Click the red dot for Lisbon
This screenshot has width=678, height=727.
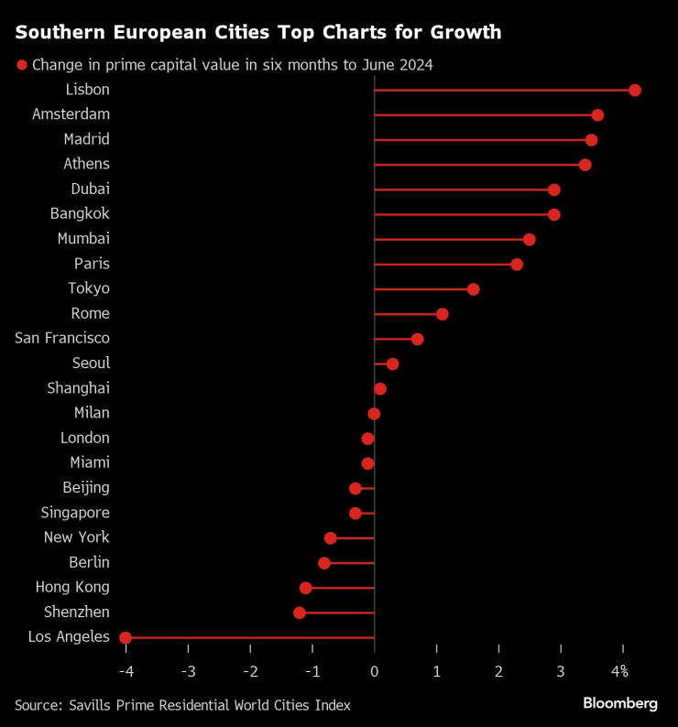point(635,91)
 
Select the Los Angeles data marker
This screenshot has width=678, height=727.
point(126,637)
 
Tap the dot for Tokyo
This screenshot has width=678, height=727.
point(473,289)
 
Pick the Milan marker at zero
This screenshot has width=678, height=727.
point(374,414)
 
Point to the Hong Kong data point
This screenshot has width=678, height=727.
point(306,588)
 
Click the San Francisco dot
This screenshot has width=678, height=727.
point(417,339)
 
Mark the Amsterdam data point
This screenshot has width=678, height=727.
point(597,115)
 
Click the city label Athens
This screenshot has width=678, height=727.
point(86,164)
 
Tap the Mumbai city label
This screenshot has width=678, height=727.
point(83,238)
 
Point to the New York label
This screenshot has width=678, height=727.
point(76,537)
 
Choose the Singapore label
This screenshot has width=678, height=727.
point(75,512)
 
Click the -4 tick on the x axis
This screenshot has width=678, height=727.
point(126,671)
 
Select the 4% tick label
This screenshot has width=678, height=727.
point(620,671)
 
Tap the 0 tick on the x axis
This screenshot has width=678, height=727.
point(375,671)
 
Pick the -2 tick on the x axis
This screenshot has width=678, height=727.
point(250,671)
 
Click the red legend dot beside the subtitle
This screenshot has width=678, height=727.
point(21,65)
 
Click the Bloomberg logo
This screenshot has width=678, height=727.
point(620,703)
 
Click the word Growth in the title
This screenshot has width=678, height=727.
point(465,33)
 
